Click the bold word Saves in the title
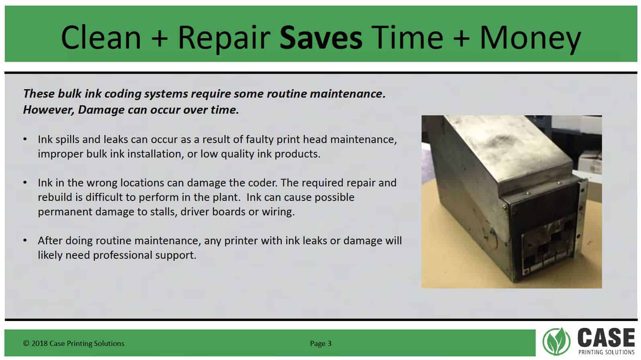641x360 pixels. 321,37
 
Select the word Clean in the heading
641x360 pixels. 101,37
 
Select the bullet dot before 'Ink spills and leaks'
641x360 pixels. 25,139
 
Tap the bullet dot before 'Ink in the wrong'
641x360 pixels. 25,182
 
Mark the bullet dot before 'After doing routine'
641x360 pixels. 25,240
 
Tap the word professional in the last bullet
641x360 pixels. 123,255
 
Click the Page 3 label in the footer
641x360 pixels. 321,344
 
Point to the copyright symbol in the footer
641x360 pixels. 26,344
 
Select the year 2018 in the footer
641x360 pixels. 39,344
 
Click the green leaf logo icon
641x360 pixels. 556,342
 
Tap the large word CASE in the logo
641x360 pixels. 606,338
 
